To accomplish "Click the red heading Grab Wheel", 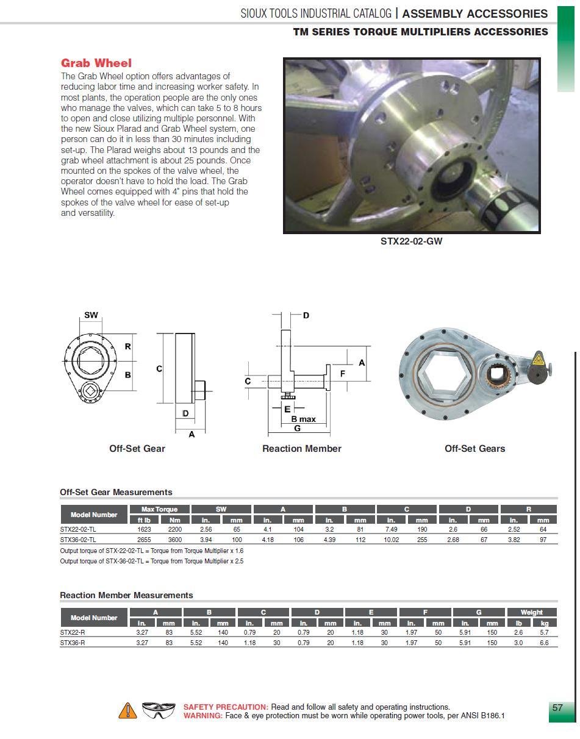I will point(96,63).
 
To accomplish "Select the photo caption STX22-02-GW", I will point(411,241).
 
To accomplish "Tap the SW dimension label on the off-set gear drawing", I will point(91,315).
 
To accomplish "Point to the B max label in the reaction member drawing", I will point(303,419).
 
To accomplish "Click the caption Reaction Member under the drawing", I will point(301,449).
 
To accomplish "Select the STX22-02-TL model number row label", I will point(78,529).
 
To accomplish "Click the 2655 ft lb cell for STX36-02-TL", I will point(145,540).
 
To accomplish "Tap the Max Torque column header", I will point(159,509).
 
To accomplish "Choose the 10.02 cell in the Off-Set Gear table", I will point(392,540).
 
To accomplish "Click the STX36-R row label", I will point(73,643).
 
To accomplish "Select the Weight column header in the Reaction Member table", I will point(531,612).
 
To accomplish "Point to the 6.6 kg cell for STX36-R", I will point(544,643).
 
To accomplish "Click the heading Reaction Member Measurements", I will point(126,595).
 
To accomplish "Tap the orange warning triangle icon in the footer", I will point(127,710).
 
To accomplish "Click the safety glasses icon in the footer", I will point(158,710).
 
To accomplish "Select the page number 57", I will point(557,708).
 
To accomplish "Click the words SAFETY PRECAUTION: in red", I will point(226,707).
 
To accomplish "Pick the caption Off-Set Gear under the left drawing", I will point(137,449).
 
